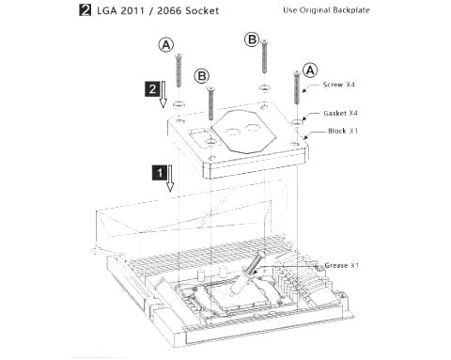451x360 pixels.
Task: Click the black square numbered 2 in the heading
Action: (x=85, y=10)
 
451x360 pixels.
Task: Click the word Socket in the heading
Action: (x=202, y=10)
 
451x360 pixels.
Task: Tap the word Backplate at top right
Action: (x=351, y=10)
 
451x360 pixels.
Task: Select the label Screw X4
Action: (x=338, y=85)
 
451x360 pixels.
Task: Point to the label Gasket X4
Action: (x=340, y=113)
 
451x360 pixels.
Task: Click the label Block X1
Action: (x=343, y=131)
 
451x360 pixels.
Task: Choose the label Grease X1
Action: (x=341, y=265)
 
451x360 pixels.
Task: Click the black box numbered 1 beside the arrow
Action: (x=160, y=172)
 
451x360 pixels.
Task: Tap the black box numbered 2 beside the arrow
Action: (x=152, y=89)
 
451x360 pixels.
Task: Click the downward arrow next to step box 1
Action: (x=170, y=178)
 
